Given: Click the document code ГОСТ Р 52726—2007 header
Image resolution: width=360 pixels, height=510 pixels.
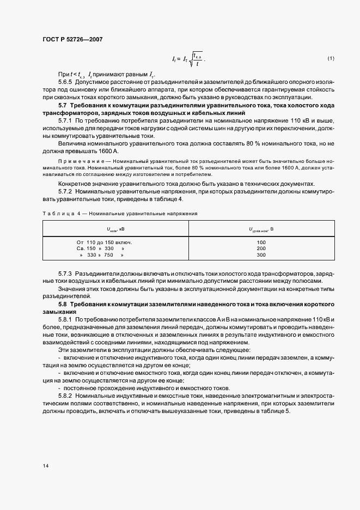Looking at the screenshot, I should (x=72, y=39).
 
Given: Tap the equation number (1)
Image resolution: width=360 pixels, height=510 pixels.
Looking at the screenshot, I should (x=330, y=58).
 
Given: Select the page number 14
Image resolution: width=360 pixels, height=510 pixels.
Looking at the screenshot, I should (x=45, y=466).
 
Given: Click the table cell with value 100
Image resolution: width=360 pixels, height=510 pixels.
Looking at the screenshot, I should (x=261, y=242).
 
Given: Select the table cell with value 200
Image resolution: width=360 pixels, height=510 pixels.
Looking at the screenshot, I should (x=261, y=248).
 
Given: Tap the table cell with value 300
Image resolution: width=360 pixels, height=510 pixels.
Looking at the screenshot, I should (x=261, y=254).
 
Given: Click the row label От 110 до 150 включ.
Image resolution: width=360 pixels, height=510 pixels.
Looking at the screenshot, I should (x=105, y=242).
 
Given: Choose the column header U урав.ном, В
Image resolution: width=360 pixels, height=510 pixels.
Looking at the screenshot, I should (x=261, y=229).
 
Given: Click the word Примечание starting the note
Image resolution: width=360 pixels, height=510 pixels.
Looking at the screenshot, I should (x=75, y=163).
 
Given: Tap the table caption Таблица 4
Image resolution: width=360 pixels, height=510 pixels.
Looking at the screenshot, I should (x=57, y=214).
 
